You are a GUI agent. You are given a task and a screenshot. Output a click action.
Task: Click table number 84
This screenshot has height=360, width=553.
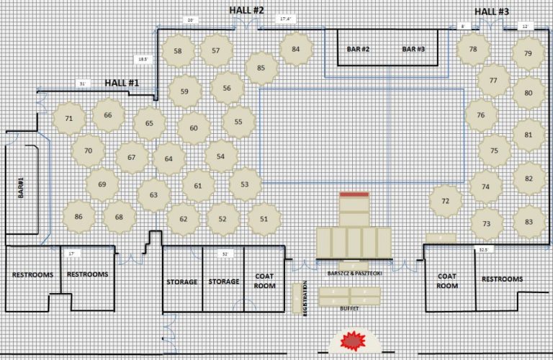(x=296, y=50)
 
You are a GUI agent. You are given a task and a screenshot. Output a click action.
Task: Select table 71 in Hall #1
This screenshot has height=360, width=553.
(x=69, y=118)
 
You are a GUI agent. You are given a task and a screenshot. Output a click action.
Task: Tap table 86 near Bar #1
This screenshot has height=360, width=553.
(x=78, y=216)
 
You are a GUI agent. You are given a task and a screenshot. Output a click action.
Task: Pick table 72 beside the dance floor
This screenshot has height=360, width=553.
(x=446, y=200)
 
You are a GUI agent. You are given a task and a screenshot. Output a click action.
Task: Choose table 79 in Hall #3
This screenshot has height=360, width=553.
(x=528, y=53)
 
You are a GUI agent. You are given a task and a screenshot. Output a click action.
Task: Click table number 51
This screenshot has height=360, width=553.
(x=264, y=218)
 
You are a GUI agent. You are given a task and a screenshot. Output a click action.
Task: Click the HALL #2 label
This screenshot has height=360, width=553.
(x=247, y=10)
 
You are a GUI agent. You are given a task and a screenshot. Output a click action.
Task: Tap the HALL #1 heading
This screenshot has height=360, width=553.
(x=122, y=83)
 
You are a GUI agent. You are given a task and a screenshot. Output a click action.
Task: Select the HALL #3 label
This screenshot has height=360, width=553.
(x=492, y=12)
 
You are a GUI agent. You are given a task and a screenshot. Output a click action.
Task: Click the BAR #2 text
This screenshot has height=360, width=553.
(x=358, y=49)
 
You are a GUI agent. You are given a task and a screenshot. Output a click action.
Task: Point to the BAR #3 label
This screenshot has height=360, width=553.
(x=413, y=49)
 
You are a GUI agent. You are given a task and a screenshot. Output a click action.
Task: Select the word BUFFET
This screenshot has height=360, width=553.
(x=349, y=308)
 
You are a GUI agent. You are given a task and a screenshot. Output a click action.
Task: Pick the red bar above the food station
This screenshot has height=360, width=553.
(x=354, y=194)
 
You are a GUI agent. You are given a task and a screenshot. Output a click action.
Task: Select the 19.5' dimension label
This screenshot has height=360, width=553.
(x=143, y=59)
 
